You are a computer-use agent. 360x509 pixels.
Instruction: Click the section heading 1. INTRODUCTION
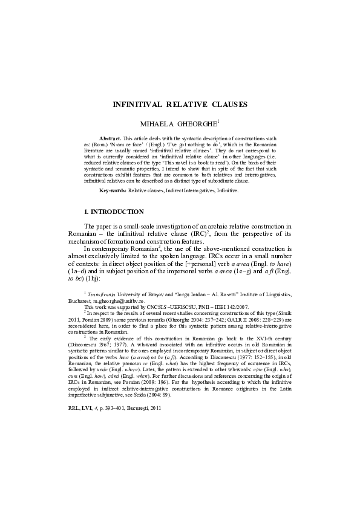point(113,212)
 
